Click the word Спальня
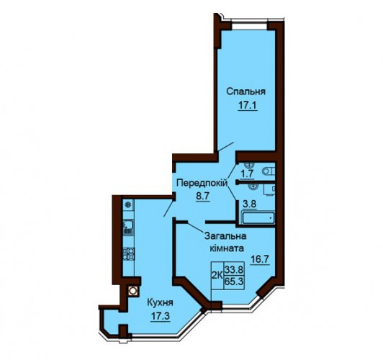245,92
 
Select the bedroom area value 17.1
248,106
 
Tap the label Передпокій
202,183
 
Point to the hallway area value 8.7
202,196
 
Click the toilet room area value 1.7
247,174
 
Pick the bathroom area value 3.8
249,204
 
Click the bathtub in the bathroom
258,218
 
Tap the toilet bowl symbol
269,171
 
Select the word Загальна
225,236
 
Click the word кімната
227,248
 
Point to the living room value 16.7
261,259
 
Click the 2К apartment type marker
217,276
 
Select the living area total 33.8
234,269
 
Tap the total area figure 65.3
234,282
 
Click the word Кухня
160,303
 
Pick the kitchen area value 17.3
160,317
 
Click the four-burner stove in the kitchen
128,253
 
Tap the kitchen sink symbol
128,228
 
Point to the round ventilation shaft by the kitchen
132,291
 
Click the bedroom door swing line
226,146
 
